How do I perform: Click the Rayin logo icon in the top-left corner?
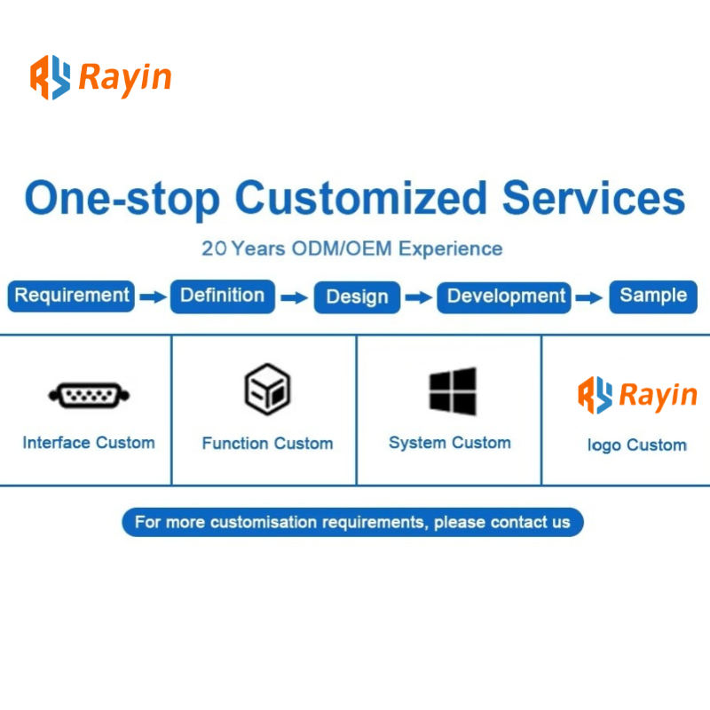click(x=51, y=77)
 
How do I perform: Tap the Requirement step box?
click(x=71, y=296)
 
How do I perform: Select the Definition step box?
click(x=223, y=296)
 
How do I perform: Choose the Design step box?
click(x=357, y=297)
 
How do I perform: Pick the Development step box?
click(x=503, y=297)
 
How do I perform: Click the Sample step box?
click(x=653, y=296)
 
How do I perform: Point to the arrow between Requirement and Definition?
click(x=153, y=297)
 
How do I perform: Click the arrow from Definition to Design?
click(x=295, y=297)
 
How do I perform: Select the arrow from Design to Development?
click(x=418, y=297)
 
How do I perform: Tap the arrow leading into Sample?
click(x=589, y=297)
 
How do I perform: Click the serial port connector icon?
click(x=89, y=395)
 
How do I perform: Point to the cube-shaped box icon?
click(x=267, y=390)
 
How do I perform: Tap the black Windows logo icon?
click(x=453, y=391)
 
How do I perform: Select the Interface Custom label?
click(x=89, y=442)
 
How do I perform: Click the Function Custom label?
click(x=267, y=443)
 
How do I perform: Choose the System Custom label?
click(x=450, y=443)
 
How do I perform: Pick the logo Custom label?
click(x=636, y=446)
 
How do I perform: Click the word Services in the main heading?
click(x=594, y=198)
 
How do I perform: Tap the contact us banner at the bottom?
click(x=352, y=522)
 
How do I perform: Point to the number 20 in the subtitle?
click(x=214, y=248)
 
